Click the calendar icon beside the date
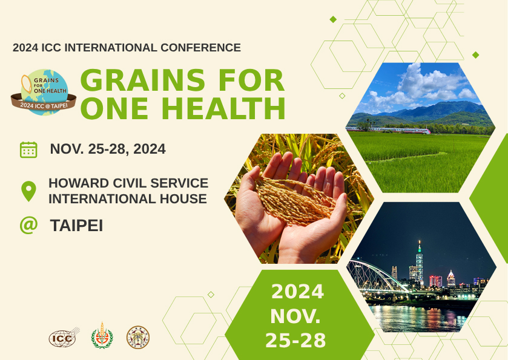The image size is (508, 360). click(28, 149)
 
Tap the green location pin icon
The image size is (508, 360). click(28, 191)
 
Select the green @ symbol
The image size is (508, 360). click(28, 225)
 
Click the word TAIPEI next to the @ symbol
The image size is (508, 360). click(76, 225)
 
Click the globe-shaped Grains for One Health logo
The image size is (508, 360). click(44, 92)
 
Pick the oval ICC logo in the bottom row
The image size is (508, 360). click(64, 338)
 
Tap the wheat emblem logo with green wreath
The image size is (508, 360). click(102, 336)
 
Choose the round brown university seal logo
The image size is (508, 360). click(138, 338)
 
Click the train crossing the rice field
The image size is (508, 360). click(388, 130)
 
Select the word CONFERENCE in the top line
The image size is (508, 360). click(200, 48)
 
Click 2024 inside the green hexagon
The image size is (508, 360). click(297, 292)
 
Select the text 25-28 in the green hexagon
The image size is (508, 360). click(295, 340)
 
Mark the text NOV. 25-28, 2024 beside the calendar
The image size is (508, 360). click(108, 149)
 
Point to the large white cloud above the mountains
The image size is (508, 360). click(427, 82)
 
